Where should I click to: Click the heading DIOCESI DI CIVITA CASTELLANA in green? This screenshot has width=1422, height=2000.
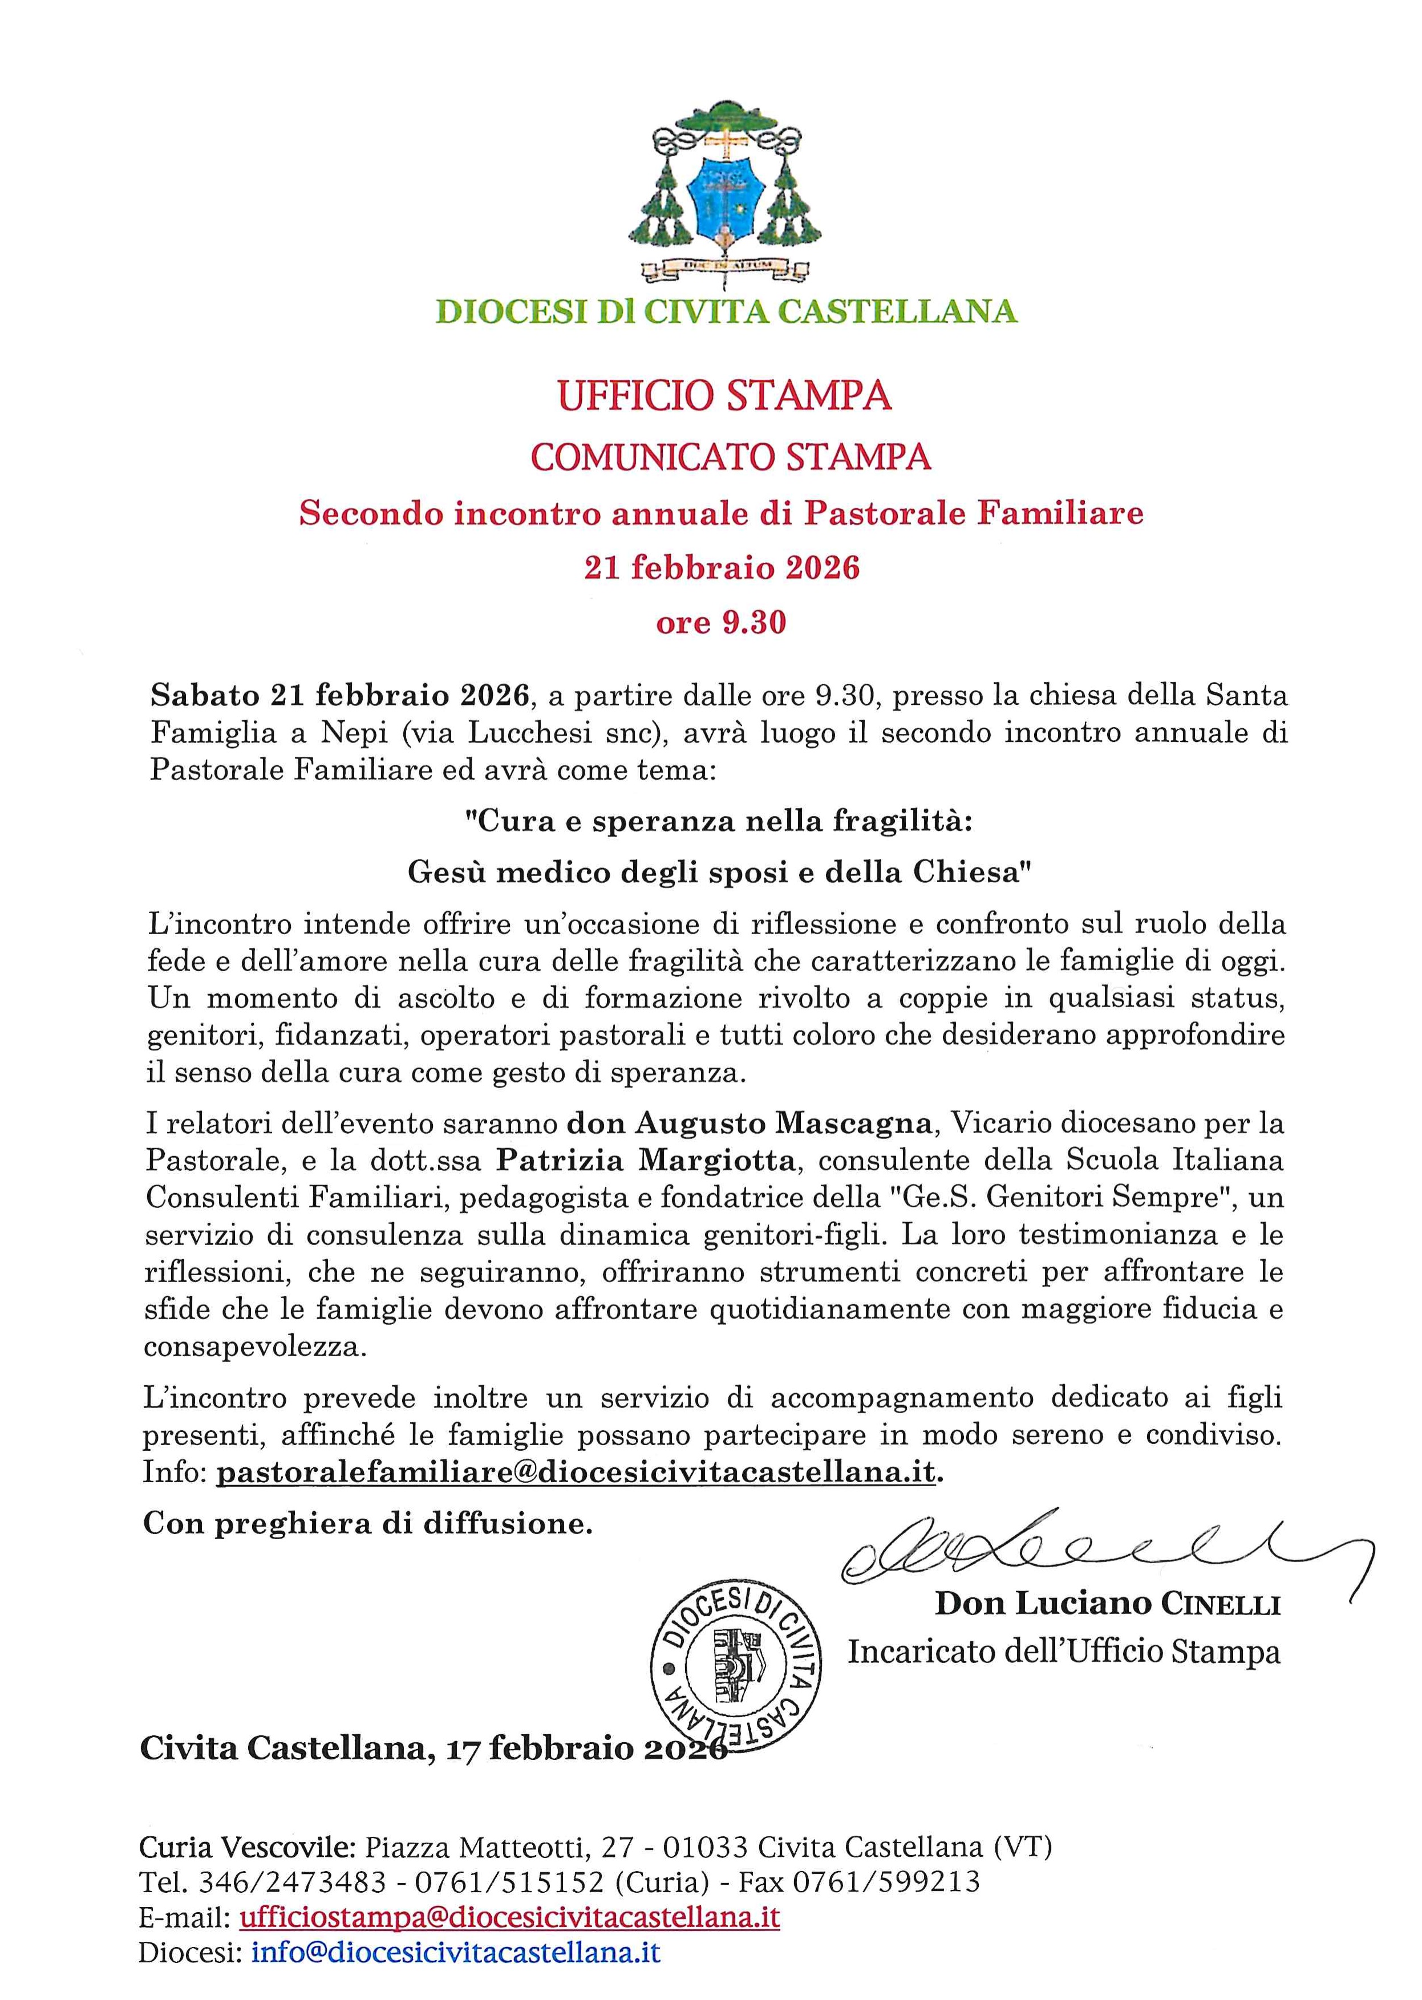726,311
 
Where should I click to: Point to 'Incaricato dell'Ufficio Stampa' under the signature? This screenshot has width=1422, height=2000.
1063,1651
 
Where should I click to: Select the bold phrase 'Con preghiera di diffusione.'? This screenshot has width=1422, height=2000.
368,1524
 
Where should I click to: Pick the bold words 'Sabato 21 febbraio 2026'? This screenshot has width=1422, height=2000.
341,696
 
